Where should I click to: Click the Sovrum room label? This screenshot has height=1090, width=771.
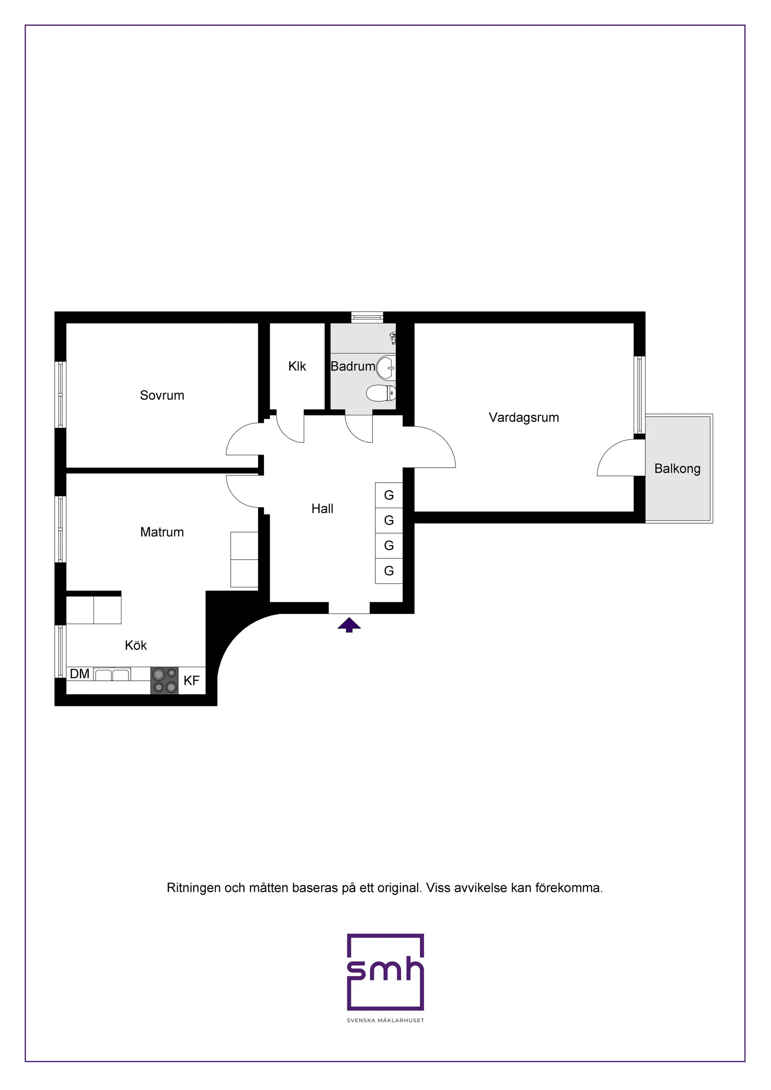pyautogui.click(x=162, y=395)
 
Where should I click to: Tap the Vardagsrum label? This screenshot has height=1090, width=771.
pyautogui.click(x=524, y=418)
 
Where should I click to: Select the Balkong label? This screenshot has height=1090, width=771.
pyautogui.click(x=677, y=469)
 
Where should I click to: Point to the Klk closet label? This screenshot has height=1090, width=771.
pyautogui.click(x=297, y=366)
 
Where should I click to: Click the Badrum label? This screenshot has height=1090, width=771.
pyautogui.click(x=353, y=366)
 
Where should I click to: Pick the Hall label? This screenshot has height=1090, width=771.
pyautogui.click(x=322, y=509)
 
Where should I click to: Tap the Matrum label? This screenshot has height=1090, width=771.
pyautogui.click(x=162, y=532)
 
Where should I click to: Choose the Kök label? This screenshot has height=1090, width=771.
pyautogui.click(x=136, y=646)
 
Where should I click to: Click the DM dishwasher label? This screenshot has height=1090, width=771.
pyautogui.click(x=80, y=674)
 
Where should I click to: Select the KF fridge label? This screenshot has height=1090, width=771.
pyautogui.click(x=191, y=681)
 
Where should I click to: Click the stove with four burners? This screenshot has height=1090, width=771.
pyautogui.click(x=164, y=681)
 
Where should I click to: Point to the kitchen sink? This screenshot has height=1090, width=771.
pyautogui.click(x=112, y=675)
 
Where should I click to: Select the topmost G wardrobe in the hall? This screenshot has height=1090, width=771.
pyautogui.click(x=389, y=496)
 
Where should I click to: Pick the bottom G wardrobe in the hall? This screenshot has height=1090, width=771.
pyautogui.click(x=389, y=571)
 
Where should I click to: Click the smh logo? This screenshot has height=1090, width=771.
pyautogui.click(x=385, y=971)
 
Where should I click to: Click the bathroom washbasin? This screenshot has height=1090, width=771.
pyautogui.click(x=387, y=368)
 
